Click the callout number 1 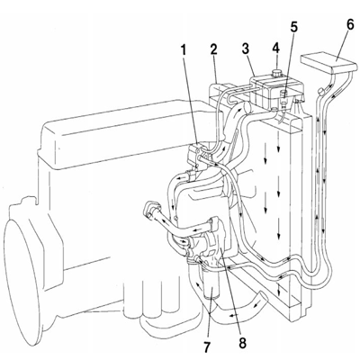[183, 50]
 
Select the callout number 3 [246, 49]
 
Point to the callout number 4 [275, 49]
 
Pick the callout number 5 [293, 27]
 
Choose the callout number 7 [207, 346]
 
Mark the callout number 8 [242, 342]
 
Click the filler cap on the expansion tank [276, 73]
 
